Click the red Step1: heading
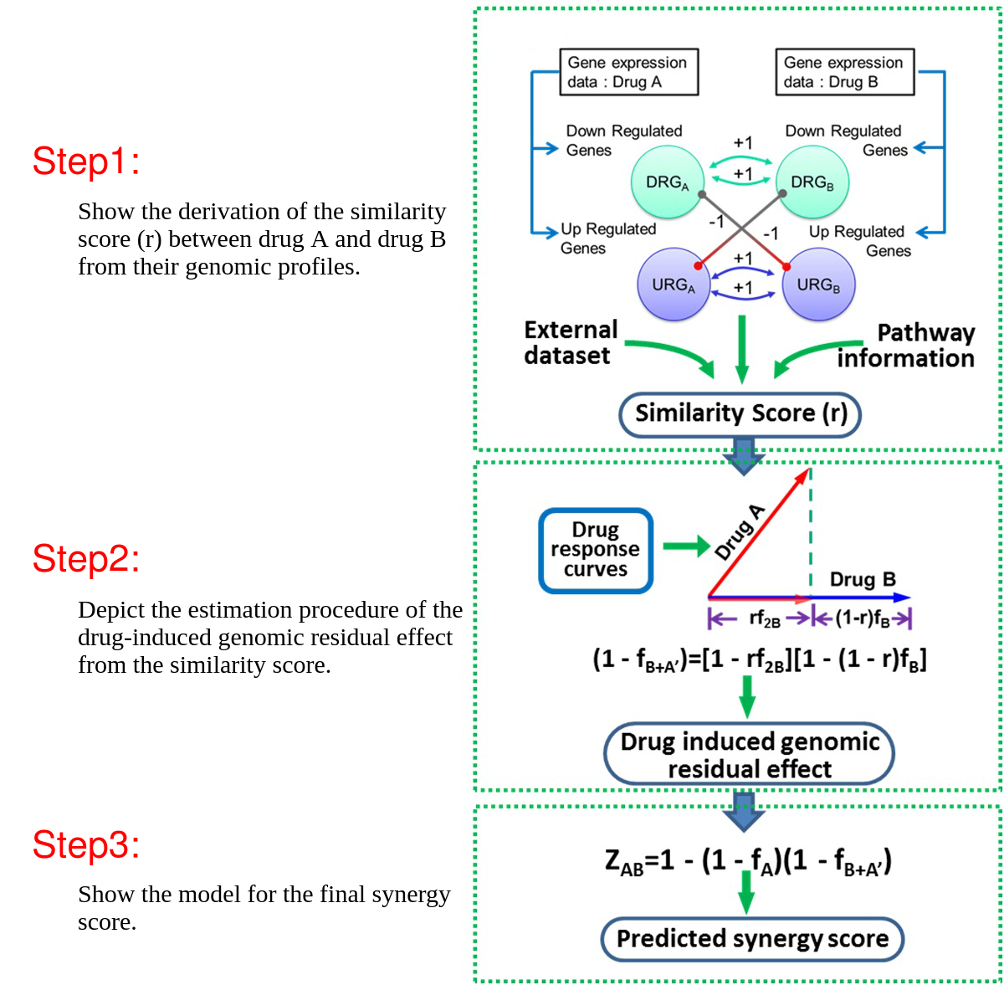point(85,162)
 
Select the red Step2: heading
point(85,559)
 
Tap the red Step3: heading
point(85,845)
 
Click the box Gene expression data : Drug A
point(628,73)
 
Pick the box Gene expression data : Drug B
point(844,73)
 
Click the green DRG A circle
point(667,182)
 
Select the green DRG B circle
point(812,182)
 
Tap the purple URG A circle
point(674,285)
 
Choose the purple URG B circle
point(818,285)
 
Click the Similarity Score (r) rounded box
point(740,414)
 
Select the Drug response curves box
point(596,551)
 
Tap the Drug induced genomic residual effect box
point(749,755)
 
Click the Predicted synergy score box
point(752,939)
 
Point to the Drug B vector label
point(863,579)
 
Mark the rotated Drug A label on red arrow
point(740,532)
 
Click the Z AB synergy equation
point(748,861)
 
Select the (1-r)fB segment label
point(861,618)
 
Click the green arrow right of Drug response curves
point(686,547)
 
